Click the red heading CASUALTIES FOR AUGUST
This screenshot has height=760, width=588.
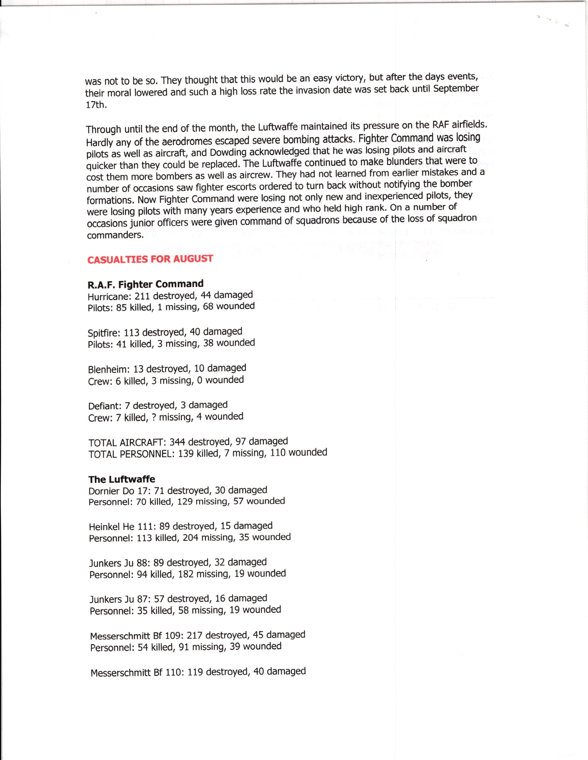[x=150, y=260]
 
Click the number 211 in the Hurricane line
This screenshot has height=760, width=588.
[x=142, y=296]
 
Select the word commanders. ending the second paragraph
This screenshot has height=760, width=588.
[x=115, y=235]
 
